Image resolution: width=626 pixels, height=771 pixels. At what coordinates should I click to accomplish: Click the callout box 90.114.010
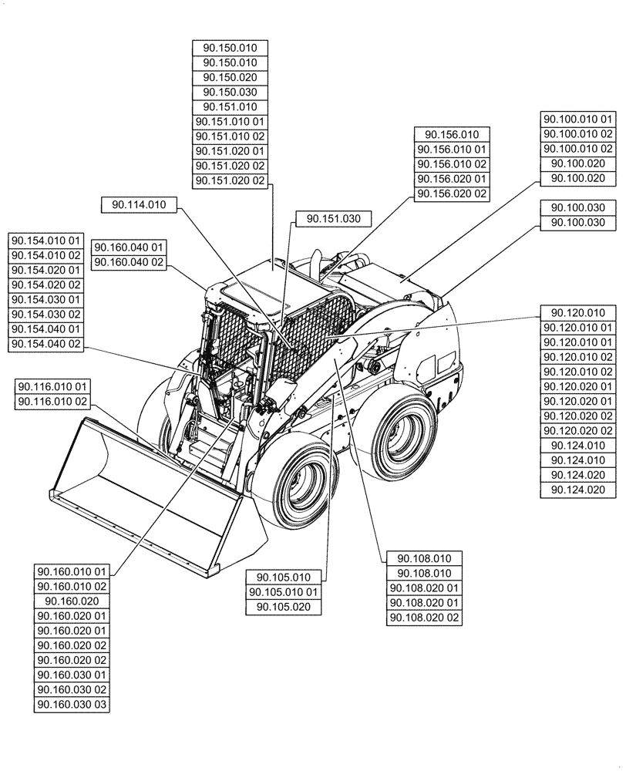coord(139,204)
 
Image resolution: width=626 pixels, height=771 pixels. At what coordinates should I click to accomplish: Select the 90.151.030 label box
coord(333,219)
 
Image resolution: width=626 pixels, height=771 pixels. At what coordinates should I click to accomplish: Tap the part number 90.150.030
coord(230,93)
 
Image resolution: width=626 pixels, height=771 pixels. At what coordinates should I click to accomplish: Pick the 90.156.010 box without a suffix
coord(452,135)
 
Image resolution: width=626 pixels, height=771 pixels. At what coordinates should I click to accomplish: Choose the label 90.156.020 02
coord(452,194)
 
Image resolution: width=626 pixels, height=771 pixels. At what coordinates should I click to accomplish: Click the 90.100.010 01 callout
coord(578,120)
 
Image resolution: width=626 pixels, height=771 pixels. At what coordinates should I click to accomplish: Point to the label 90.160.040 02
coord(130,262)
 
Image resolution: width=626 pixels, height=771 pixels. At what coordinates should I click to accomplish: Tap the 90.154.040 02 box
coord(46,344)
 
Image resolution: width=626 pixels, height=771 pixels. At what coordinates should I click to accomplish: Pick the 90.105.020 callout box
coord(283,607)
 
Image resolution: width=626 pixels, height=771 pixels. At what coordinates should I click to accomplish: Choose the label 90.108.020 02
coord(424,618)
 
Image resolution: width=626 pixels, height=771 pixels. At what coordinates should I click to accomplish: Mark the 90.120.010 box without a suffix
coord(578,313)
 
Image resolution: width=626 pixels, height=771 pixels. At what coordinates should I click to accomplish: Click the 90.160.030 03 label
coord(72,705)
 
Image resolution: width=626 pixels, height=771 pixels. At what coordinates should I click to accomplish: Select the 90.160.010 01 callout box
coord(72,572)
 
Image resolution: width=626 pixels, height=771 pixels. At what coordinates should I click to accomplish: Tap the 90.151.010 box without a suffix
coord(230,107)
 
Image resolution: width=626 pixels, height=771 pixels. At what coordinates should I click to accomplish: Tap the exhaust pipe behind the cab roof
coord(316,262)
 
